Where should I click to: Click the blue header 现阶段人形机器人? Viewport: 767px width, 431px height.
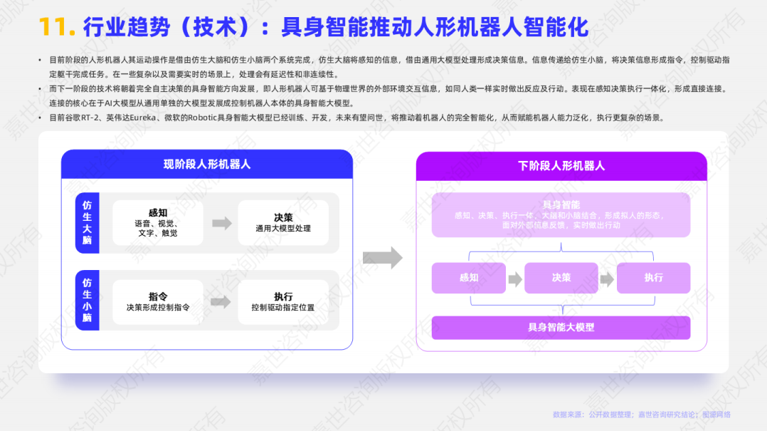pyautogui.click(x=207, y=165)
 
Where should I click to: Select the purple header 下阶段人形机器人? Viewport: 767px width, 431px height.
pyautogui.click(x=561, y=165)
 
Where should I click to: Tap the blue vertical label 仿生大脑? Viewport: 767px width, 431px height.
pyautogui.click(x=87, y=223)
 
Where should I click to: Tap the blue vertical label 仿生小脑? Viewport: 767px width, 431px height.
pyautogui.click(x=87, y=300)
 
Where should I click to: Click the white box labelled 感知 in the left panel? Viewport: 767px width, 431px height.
pyautogui.click(x=158, y=223)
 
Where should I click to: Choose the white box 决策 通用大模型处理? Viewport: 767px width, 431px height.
pyautogui.click(x=283, y=223)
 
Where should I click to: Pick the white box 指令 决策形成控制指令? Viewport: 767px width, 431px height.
pyautogui.click(x=158, y=301)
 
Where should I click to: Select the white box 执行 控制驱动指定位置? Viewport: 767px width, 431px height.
pyautogui.click(x=283, y=301)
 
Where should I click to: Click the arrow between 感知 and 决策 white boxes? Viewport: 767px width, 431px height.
pyautogui.click(x=221, y=223)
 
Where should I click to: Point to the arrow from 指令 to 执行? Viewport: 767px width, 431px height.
pyautogui.click(x=221, y=301)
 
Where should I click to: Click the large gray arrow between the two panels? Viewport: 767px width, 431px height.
pyautogui.click(x=382, y=258)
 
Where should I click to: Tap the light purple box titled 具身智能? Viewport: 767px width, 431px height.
pyautogui.click(x=561, y=214)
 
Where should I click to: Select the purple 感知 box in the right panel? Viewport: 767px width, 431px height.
pyautogui.click(x=469, y=278)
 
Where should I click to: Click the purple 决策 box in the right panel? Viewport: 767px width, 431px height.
pyautogui.click(x=561, y=278)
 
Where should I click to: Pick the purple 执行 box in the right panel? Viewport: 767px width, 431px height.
pyautogui.click(x=653, y=278)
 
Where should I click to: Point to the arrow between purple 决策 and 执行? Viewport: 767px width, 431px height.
pyautogui.click(x=607, y=279)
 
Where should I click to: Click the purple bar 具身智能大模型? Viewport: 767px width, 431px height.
pyautogui.click(x=561, y=328)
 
